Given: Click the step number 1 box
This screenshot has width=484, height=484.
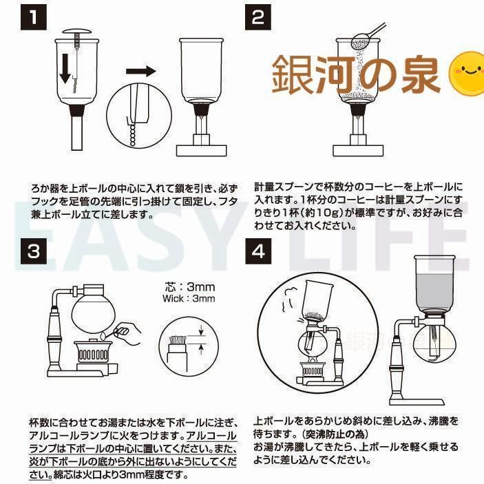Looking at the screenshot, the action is pyautogui.click(x=34, y=17).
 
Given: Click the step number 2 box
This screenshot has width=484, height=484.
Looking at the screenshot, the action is pyautogui.click(x=258, y=17).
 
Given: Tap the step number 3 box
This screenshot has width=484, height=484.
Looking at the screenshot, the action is pyautogui.click(x=34, y=251).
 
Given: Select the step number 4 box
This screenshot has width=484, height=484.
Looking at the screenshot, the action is pyautogui.click(x=258, y=251).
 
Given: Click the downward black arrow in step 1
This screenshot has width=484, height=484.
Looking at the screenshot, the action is pyautogui.click(x=65, y=69).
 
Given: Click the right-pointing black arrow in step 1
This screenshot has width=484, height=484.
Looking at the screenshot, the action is pyautogui.click(x=140, y=72).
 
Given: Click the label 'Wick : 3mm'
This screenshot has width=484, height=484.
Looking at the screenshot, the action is pyautogui.click(x=189, y=299).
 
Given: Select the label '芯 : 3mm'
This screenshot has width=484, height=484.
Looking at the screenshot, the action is pyautogui.click(x=189, y=287).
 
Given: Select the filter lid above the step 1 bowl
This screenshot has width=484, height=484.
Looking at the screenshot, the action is pyautogui.click(x=77, y=32).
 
